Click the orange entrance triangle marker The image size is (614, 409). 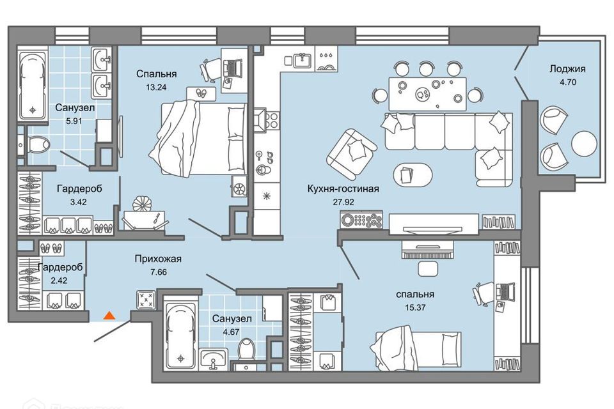[x=109, y=314]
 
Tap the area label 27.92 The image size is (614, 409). [x=343, y=201]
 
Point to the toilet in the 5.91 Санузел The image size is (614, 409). [x=37, y=143]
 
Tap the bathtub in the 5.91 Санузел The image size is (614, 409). [x=33, y=86]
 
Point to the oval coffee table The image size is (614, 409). [x=406, y=174]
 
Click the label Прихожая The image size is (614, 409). [x=158, y=259]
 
